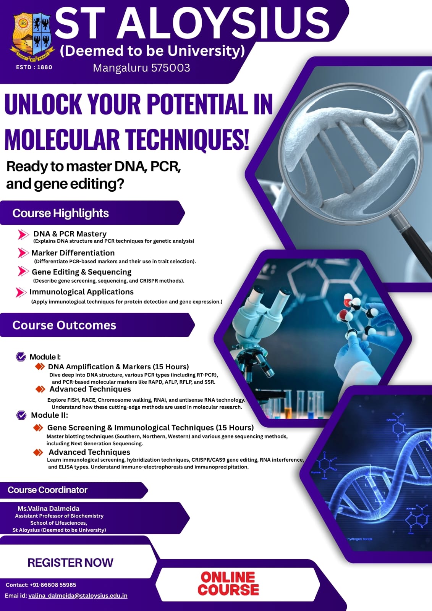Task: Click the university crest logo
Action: tap(32, 36)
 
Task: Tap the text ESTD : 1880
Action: tap(34, 67)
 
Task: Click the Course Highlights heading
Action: tap(61, 213)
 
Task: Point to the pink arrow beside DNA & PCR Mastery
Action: tap(23, 234)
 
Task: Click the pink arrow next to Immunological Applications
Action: tap(21, 293)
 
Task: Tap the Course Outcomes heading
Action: tap(64, 325)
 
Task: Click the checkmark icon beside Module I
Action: tap(21, 357)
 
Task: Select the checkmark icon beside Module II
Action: tap(21, 415)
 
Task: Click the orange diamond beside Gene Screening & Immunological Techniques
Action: tap(38, 427)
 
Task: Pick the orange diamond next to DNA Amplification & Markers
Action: tap(40, 366)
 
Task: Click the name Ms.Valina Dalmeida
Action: tap(49, 508)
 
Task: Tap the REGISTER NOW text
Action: tap(70, 563)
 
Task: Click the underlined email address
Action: tap(78, 595)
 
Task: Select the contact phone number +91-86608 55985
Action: tap(53, 585)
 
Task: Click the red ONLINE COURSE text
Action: tap(228, 584)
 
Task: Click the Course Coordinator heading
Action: tap(47, 490)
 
